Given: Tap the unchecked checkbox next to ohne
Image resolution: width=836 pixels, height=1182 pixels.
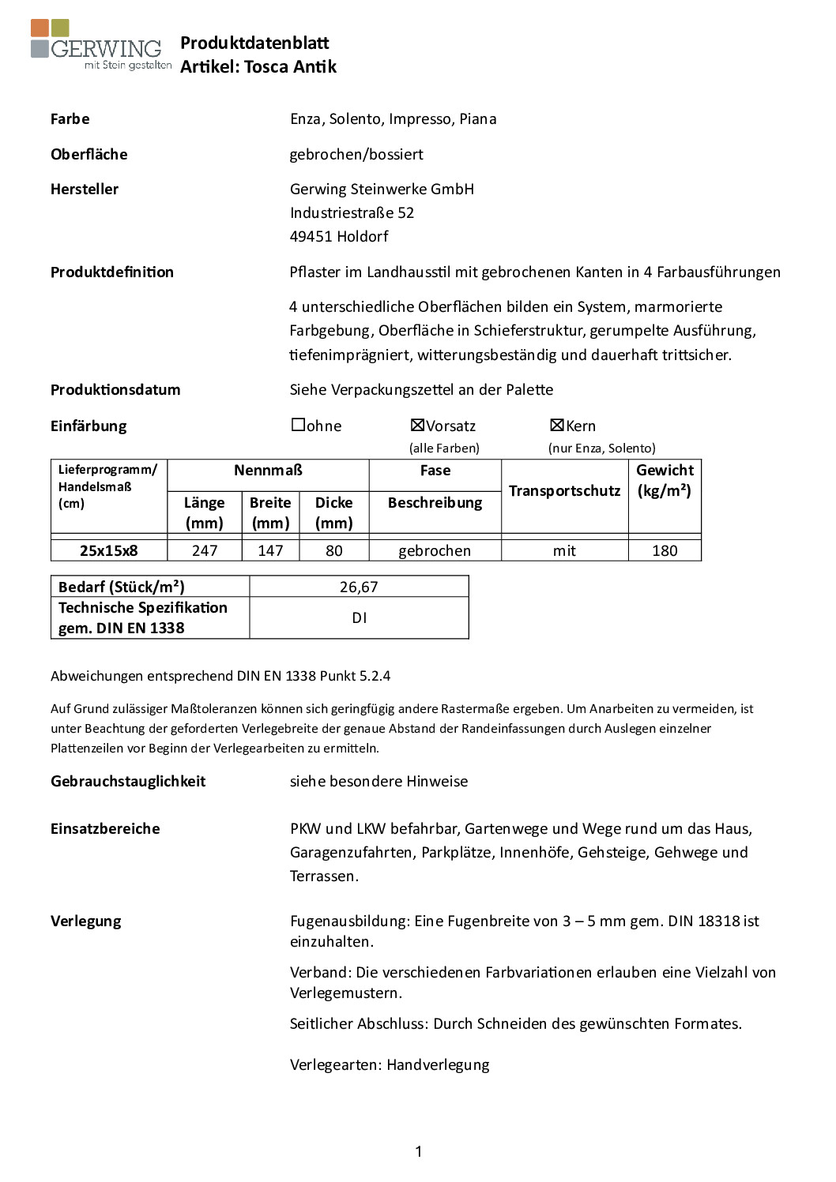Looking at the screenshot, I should coord(298,425).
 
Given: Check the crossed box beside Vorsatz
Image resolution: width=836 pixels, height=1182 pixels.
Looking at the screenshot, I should coord(417,425).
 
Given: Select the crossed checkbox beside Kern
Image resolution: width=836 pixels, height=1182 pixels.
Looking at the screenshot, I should coord(556,425).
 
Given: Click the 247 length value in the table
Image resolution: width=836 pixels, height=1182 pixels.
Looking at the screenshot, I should coord(205,550).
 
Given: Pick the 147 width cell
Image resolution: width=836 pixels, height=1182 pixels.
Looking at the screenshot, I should coord(270,550).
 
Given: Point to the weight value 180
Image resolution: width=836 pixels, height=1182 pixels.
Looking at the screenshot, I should coord(665,550).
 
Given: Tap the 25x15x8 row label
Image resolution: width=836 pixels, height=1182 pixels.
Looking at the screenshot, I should coord(109,550).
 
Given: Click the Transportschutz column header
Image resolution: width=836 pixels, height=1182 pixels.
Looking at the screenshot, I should coord(564,491).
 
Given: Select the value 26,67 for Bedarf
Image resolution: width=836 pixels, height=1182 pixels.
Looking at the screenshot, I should coord(359,587).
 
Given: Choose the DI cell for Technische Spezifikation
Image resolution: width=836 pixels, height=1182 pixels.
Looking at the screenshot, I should coord(359,618).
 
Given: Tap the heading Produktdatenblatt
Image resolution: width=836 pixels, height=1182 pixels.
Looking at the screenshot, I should coord(254,43).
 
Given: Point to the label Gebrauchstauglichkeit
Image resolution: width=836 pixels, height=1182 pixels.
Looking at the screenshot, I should coord(128,781).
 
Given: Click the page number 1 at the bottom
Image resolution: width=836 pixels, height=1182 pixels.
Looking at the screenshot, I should coord(418,1151).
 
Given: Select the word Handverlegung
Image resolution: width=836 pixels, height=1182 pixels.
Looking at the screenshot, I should coord(438,1064).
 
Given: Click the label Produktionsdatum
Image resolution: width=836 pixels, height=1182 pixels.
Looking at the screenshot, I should coord(115,389).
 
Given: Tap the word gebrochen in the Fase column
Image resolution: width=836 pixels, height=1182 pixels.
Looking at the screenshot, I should coord(435,550).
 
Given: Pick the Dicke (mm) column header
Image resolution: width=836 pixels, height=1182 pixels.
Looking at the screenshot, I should coord(334,512).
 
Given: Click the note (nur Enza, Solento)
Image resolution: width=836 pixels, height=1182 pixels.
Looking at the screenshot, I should coord(602,448).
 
